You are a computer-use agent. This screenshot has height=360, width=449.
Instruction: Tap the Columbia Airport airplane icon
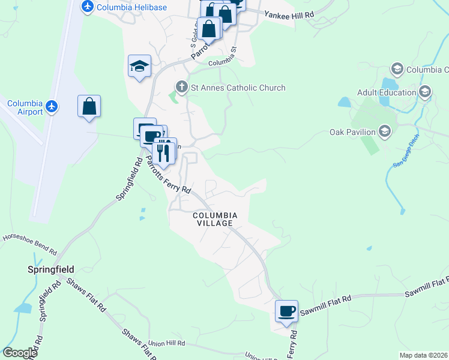tap(52, 107)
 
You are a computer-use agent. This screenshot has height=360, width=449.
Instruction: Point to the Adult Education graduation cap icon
tap(425, 92)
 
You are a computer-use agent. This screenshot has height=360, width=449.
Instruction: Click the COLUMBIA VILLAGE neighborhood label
tap(215, 219)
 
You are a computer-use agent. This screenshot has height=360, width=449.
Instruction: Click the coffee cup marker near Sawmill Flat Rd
tap(286, 311)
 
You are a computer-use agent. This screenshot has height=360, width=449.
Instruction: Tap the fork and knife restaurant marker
tap(163, 152)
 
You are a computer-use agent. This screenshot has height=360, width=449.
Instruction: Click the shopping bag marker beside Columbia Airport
tap(89, 107)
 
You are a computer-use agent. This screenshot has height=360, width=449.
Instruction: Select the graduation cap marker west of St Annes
tap(139, 66)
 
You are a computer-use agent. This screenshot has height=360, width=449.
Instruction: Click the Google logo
tap(20, 353)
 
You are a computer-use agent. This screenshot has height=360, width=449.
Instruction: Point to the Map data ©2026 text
tap(423, 355)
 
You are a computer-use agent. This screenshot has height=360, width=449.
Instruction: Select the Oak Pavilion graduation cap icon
tap(385, 131)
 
